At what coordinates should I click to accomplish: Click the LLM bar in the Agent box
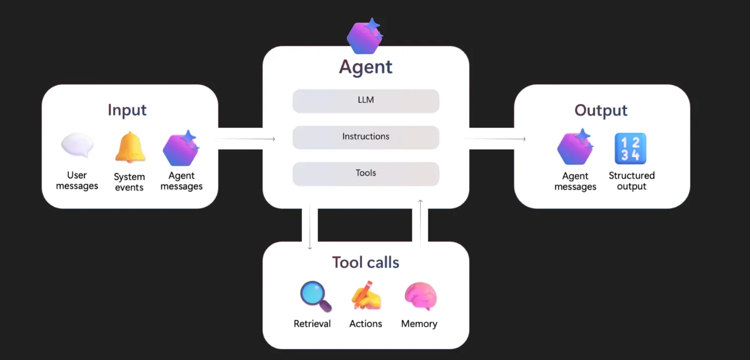point(366,100)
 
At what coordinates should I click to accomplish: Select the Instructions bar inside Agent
point(366,137)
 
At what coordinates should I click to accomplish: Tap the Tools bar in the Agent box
point(366,173)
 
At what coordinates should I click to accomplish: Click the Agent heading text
point(366,67)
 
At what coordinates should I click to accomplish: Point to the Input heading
point(127,110)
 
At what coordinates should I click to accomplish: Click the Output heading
point(601,110)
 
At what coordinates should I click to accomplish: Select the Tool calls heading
point(366,262)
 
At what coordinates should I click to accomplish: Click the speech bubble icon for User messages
point(77,145)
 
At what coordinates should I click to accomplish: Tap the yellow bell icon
point(130,147)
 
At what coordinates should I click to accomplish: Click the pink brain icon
point(420,296)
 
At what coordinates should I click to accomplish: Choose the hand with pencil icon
point(366,296)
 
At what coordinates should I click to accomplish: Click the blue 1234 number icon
point(631,149)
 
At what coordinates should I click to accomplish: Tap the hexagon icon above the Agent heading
point(364,37)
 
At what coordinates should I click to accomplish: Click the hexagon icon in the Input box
point(181,149)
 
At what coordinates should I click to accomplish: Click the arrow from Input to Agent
point(246,139)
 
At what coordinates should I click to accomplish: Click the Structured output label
point(632,181)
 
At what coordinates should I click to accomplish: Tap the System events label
point(129,182)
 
